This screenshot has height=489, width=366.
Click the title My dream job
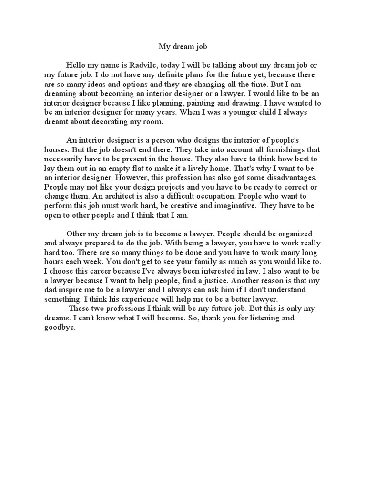click(x=183, y=47)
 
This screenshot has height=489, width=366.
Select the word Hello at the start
click(x=76, y=66)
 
